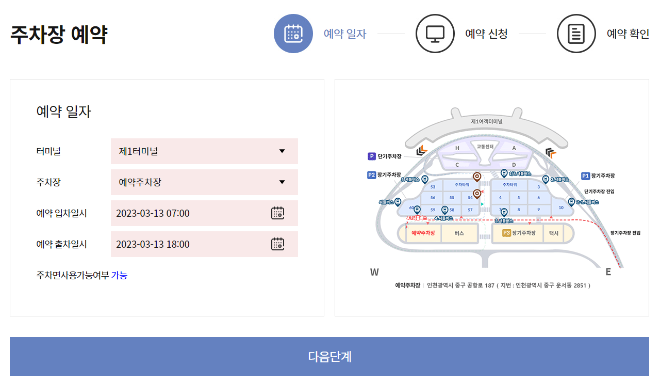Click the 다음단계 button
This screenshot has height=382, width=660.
[x=329, y=356]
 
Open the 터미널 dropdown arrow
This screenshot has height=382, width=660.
[x=282, y=151]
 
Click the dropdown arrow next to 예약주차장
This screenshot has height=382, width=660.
[x=282, y=182]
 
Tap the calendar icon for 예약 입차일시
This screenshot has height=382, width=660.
[x=277, y=213]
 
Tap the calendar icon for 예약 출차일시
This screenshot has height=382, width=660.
[x=277, y=244]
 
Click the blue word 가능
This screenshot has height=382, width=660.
[x=119, y=275]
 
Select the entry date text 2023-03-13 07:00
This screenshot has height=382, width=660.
[x=153, y=213]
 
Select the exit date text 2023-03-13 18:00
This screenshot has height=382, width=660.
[x=153, y=244]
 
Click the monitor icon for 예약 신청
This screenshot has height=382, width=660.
[x=435, y=34]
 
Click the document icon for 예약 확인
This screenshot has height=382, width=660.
[x=576, y=34]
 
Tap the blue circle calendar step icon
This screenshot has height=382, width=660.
[x=293, y=34]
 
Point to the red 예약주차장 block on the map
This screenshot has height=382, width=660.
[x=423, y=233]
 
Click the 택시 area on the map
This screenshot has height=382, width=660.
[x=554, y=233]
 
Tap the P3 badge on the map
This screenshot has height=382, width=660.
[x=506, y=233]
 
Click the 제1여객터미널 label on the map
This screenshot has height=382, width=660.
[x=486, y=121]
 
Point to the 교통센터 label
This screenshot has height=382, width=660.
[x=485, y=147]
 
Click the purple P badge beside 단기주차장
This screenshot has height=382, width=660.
[x=371, y=156]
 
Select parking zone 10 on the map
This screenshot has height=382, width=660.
[x=561, y=208]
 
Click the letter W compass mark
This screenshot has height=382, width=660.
[x=374, y=272]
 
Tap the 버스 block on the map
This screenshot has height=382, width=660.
[x=459, y=233]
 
